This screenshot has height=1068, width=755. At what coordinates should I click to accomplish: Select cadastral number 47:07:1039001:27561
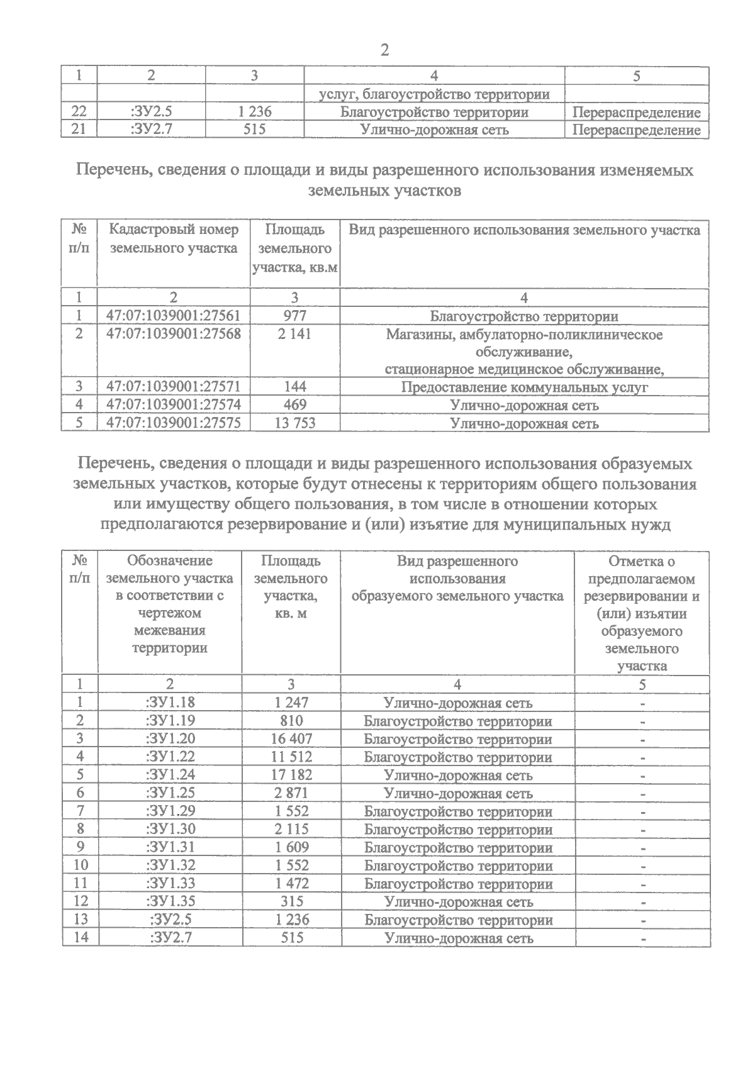click(x=174, y=316)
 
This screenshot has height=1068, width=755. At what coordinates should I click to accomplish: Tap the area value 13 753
click(x=294, y=423)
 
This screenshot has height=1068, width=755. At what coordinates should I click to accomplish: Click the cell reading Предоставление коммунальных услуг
click(x=524, y=387)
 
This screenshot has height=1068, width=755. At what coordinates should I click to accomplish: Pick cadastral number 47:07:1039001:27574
click(x=174, y=405)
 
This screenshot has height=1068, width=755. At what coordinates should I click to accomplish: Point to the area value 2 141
click(x=294, y=334)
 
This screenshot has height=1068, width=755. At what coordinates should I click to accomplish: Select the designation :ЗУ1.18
click(x=170, y=703)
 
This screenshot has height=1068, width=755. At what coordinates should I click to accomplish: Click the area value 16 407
click(x=291, y=739)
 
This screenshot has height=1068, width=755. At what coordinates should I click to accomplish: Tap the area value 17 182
click(x=291, y=776)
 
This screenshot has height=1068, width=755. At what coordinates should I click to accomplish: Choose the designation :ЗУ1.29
click(x=170, y=811)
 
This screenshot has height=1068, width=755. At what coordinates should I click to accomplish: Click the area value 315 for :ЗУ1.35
click(x=291, y=901)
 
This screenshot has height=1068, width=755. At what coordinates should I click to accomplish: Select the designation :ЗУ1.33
click(x=170, y=884)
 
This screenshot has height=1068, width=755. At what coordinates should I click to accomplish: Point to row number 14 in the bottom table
click(x=81, y=938)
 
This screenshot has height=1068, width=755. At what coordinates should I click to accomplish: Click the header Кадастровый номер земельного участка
click(x=174, y=239)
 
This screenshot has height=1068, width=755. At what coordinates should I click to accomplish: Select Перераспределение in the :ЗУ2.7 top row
click(x=637, y=131)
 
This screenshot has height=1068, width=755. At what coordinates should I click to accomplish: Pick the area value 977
click(x=294, y=316)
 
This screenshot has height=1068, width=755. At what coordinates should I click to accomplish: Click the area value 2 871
click(x=291, y=793)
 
